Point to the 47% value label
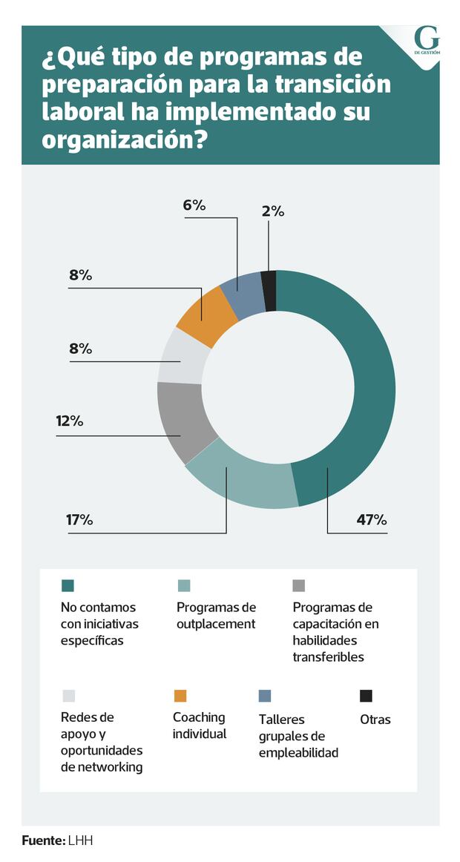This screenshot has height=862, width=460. pyautogui.click(x=372, y=520)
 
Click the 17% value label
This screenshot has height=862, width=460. pyautogui.click(x=79, y=520)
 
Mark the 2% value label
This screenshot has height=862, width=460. pyautogui.click(x=273, y=211)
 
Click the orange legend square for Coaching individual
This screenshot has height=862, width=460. pyautogui.click(x=180, y=696)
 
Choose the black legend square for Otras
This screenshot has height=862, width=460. pyautogui.click(x=366, y=696)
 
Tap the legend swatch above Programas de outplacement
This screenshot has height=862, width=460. pyautogui.click(x=183, y=586)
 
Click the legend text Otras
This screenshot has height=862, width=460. pyautogui.click(x=375, y=720)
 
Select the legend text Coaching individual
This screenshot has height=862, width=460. pyautogui.click(x=199, y=726)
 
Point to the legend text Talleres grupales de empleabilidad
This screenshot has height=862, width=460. pyautogui.click(x=298, y=736)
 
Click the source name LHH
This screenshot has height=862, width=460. pyautogui.click(x=81, y=841)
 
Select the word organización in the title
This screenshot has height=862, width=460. pyautogui.click(x=124, y=140)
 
